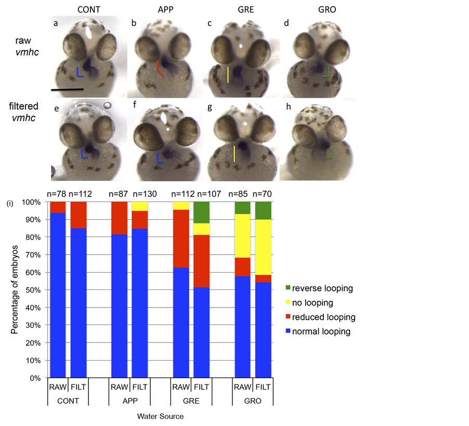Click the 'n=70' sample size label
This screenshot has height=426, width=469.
pyautogui.click(x=263, y=194)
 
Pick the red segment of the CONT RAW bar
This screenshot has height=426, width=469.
pyautogui.click(x=57, y=207)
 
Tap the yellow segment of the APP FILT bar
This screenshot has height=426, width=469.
pyautogui.click(x=140, y=206)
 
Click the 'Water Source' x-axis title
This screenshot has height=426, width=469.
pyautogui.click(x=160, y=416)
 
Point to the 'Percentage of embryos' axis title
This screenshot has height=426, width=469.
pyautogui.click(x=16, y=289)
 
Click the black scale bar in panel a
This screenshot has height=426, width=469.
pyautogui.click(x=67, y=90)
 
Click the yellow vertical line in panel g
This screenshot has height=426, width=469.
pyautogui.click(x=234, y=154)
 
